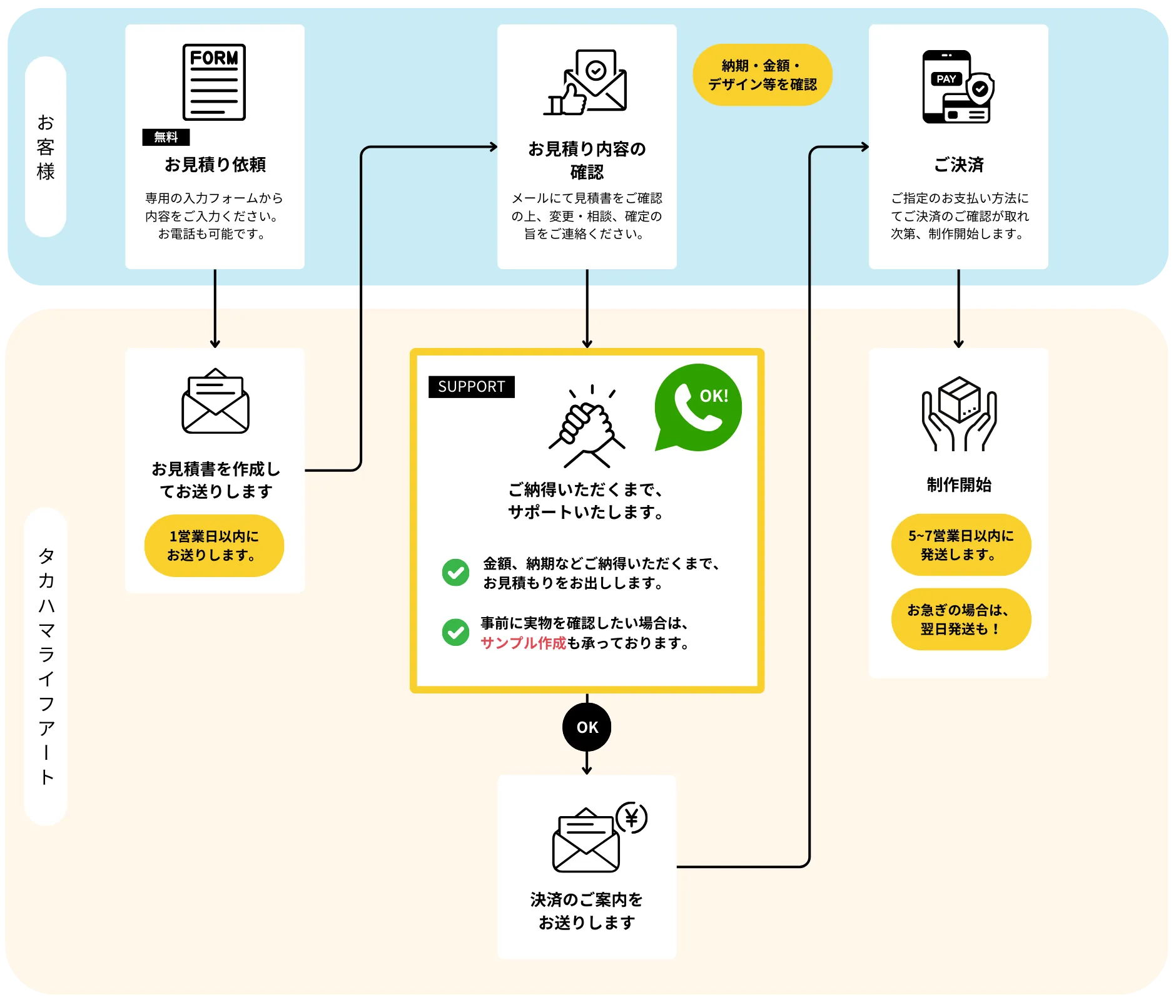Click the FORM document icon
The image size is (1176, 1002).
coord(214,82)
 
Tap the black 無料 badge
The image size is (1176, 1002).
coord(166,137)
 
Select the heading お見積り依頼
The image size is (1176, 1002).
coord(215,165)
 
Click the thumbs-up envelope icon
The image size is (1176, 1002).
coord(586,83)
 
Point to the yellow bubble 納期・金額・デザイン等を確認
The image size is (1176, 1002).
coord(762,75)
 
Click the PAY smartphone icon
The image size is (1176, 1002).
coord(957,87)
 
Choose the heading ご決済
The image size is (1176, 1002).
coord(958,165)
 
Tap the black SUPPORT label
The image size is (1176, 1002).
coord(471,387)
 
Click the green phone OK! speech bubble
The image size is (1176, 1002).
coord(697,407)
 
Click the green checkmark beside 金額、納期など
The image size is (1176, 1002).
coord(455,572)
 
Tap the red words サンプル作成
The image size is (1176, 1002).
coord(523,643)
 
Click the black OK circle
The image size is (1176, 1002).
coord(587,727)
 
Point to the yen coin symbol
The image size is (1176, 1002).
coord(632,817)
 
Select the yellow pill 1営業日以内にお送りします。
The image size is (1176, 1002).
coord(214,546)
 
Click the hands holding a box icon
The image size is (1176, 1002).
coord(958,414)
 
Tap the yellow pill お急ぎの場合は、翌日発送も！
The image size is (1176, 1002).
coord(961,619)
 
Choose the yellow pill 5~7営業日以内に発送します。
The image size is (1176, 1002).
coord(961,544)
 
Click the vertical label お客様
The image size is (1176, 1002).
coord(46,147)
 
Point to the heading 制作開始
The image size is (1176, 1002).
coord(958,484)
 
